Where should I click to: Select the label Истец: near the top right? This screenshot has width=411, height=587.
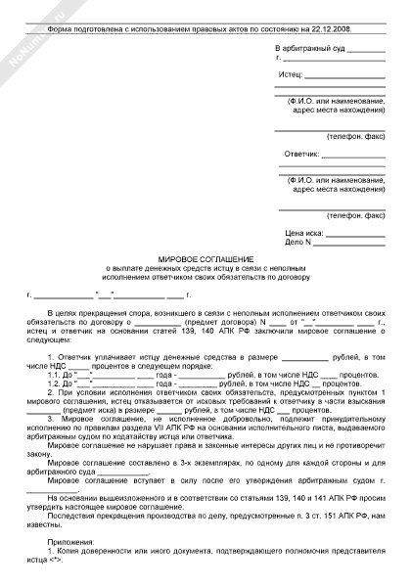click(291, 74)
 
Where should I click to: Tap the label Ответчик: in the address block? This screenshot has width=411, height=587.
click(301, 156)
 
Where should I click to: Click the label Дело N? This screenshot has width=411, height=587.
click(296, 241)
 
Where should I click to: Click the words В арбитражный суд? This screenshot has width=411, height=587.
click(310, 49)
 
